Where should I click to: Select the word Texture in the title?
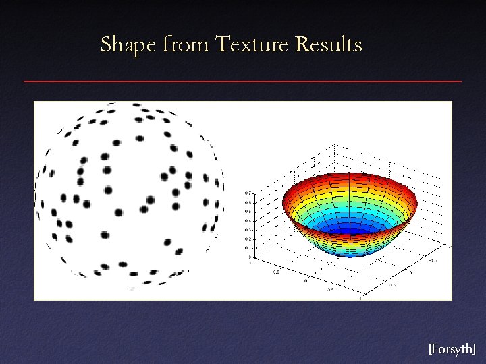(x=252, y=45)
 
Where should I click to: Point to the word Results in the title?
(x=329, y=45)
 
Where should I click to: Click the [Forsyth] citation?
(x=452, y=348)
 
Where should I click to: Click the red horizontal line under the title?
(x=243, y=82)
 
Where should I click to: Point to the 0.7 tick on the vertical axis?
(x=246, y=193)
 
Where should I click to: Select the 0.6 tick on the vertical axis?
(x=246, y=202)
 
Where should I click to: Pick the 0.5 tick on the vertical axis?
(x=246, y=212)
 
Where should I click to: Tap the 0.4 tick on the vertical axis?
(x=246, y=220)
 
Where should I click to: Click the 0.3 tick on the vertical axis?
(x=246, y=230)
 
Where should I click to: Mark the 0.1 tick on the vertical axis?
(x=246, y=248)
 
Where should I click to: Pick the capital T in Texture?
(x=223, y=45)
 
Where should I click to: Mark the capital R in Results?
(x=302, y=45)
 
